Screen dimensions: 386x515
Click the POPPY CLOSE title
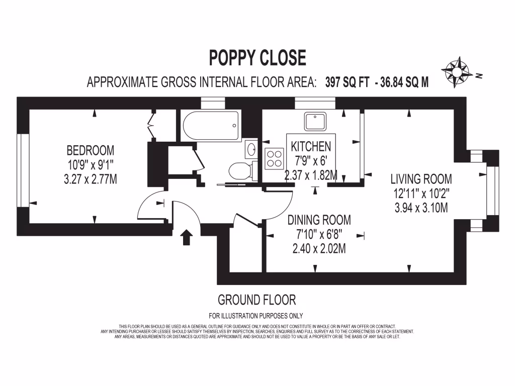(257, 58)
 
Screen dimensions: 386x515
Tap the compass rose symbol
(457, 72)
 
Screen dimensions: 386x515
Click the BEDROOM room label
(91, 150)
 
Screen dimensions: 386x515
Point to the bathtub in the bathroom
(211, 126)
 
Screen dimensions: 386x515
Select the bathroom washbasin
(251, 149)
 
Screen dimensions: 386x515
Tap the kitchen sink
(315, 121)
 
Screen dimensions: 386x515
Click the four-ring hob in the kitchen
(275, 159)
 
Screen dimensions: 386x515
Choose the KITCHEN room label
(311, 147)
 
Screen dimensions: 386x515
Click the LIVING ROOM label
(421, 179)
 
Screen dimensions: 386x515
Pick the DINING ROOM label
(319, 220)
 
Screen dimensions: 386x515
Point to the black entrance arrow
(186, 237)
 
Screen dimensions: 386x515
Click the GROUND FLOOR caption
(256, 301)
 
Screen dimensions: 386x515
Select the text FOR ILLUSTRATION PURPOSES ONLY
(256, 316)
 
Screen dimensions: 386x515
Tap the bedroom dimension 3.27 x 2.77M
(91, 178)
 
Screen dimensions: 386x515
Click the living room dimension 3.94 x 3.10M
(421, 207)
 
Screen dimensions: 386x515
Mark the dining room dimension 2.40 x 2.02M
(319, 248)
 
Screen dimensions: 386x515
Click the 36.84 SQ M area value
(405, 82)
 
